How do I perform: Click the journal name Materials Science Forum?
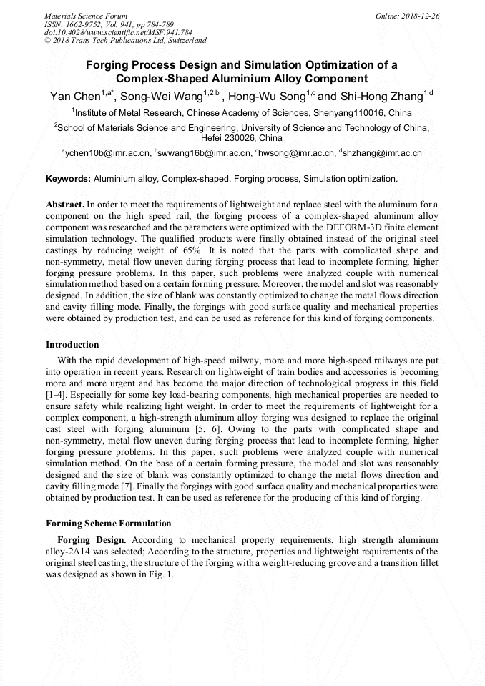click(86, 15)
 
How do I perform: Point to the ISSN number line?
click(109, 24)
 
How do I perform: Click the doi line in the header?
click(118, 32)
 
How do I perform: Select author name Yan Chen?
click(75, 96)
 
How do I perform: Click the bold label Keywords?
click(68, 178)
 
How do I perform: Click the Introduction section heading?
click(72, 344)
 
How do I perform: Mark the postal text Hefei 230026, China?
click(242, 137)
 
